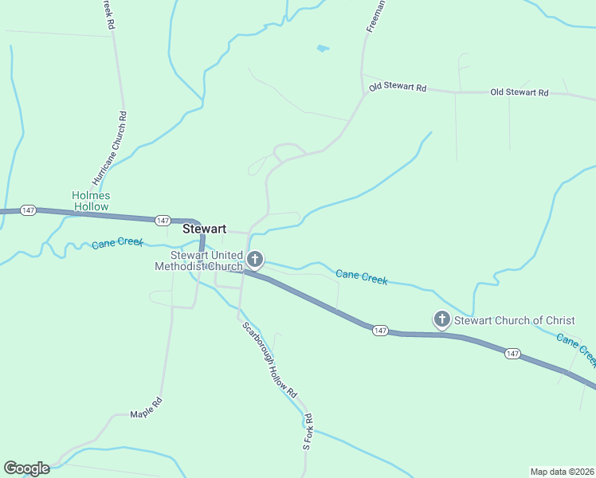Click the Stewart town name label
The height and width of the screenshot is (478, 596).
coord(205,229)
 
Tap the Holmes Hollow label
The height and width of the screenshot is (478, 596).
coord(91,201)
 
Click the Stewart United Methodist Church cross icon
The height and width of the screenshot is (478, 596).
coord(255,259)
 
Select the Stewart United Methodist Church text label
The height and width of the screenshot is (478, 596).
coord(198,261)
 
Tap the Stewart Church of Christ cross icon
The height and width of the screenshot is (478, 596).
coord(441,319)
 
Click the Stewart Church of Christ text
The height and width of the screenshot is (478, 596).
coord(514,321)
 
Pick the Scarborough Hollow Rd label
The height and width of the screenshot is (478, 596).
coord(269,361)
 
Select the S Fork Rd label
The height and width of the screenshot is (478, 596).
coord(308,433)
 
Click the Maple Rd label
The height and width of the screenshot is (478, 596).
coord(147,407)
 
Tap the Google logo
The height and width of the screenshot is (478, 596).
coord(26,468)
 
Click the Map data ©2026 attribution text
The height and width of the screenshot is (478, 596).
coord(562,471)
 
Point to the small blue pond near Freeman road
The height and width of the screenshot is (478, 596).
coord(323,49)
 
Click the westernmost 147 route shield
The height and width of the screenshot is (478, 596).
coord(29,210)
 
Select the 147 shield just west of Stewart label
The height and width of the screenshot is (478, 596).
coord(163,220)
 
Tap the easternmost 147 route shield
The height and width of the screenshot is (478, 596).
coord(512,353)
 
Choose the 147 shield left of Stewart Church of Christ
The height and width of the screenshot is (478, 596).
coord(380,330)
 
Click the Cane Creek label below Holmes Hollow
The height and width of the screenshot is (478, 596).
coord(116,243)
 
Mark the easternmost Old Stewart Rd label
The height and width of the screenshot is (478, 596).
coord(520,93)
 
